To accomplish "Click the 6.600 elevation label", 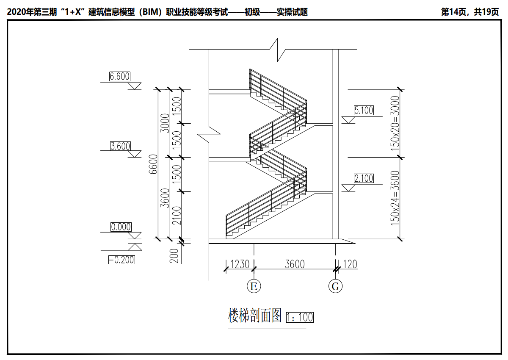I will (119, 77).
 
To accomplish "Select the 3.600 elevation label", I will (120, 147).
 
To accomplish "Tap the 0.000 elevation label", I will (121, 227).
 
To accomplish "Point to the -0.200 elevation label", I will (121, 260).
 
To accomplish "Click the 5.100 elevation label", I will (363, 111).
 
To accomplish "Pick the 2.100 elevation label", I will (364, 178).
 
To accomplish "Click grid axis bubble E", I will (254, 286).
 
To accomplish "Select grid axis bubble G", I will (336, 286).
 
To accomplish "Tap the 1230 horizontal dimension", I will (240, 264).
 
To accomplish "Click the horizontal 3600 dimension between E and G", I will (295, 264).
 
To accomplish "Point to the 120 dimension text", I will (350, 264).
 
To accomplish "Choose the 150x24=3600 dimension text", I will (395, 197).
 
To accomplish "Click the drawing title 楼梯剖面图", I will (255, 316).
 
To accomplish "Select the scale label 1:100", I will (300, 317).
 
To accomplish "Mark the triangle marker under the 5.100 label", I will (348, 120).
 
